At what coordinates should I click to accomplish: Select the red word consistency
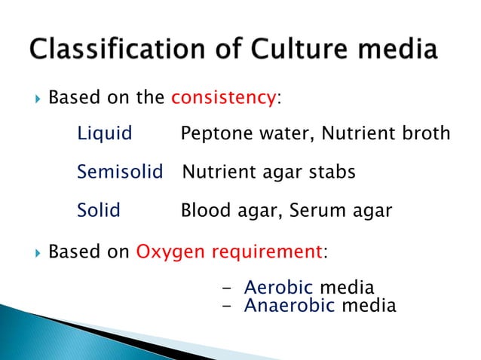click(223, 98)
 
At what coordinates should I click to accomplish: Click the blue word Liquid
click(105, 134)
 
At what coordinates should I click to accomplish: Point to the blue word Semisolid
click(120, 172)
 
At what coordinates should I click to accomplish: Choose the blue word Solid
click(99, 210)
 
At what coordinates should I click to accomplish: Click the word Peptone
click(213, 134)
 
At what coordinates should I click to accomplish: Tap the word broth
click(427, 134)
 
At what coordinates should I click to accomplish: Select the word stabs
click(330, 172)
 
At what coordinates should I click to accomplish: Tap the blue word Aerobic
click(279, 287)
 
